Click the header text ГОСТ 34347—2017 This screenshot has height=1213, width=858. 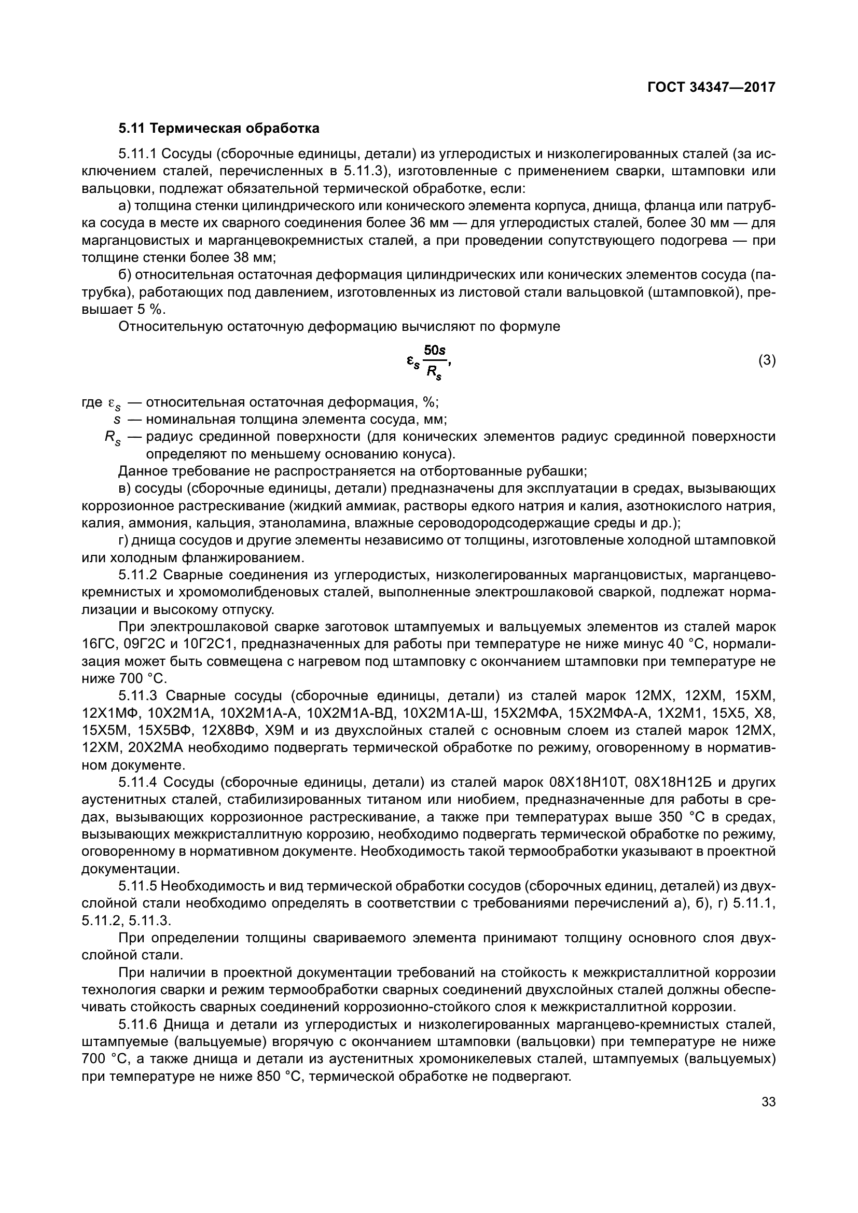point(711,87)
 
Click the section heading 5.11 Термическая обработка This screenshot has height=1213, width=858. point(219,129)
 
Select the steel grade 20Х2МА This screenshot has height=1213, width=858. point(147,748)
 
